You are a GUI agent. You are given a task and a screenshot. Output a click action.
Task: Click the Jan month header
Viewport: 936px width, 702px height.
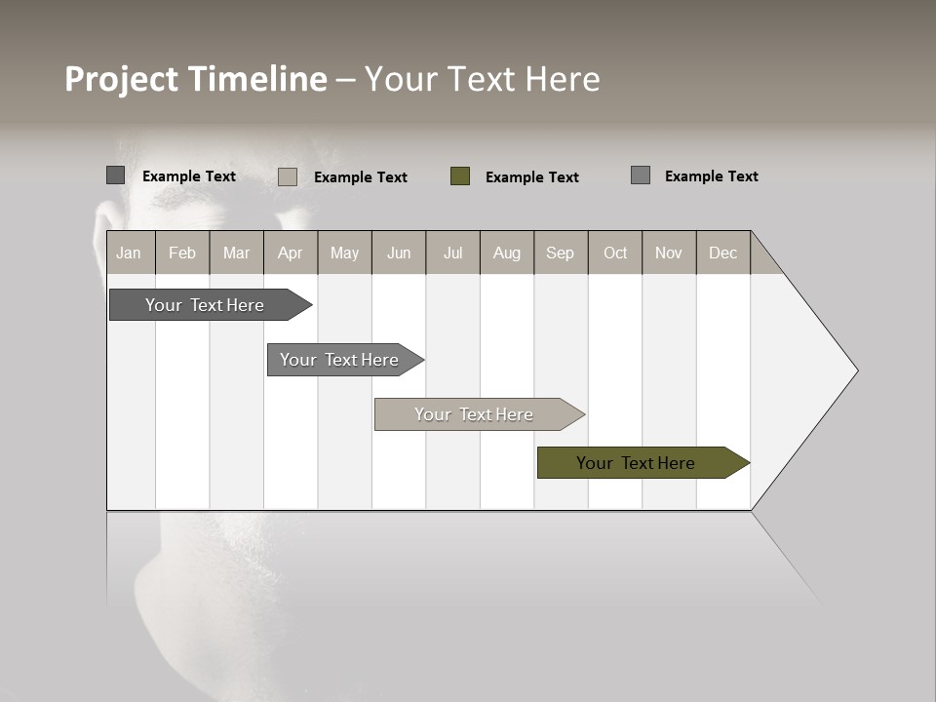point(130,253)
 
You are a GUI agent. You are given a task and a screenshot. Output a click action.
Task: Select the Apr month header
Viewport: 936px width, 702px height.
point(291,253)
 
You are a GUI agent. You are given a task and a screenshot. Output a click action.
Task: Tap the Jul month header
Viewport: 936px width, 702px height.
point(452,253)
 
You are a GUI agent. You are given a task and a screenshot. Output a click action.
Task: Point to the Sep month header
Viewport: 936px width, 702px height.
point(560,253)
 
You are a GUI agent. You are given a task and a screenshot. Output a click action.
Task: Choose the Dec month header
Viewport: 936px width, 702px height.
point(722,253)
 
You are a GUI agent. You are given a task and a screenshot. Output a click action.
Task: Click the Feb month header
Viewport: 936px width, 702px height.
point(182,253)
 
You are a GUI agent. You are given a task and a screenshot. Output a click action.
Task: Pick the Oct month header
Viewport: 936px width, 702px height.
point(615,253)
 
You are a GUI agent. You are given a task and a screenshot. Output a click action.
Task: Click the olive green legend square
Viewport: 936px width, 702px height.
point(460,176)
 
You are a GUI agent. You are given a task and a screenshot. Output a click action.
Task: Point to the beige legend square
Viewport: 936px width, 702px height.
point(288,176)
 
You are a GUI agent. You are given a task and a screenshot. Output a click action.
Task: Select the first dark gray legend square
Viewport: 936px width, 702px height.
point(115,175)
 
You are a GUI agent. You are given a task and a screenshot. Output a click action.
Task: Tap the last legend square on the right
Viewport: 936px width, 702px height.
point(641,175)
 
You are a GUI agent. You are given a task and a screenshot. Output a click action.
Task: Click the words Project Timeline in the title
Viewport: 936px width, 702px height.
point(195,79)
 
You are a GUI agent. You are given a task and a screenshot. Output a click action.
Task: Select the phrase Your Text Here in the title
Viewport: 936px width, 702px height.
point(482,79)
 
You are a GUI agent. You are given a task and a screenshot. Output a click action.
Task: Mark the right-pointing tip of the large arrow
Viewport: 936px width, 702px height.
point(856,370)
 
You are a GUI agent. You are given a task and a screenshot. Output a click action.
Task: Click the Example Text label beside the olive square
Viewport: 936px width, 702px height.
point(531,177)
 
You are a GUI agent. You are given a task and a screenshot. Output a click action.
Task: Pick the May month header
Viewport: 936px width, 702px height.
point(344,253)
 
